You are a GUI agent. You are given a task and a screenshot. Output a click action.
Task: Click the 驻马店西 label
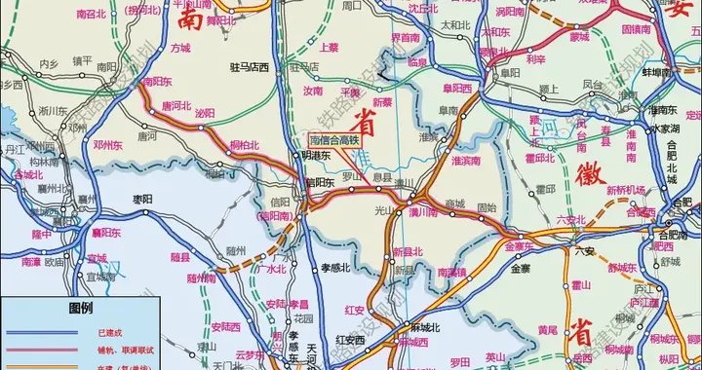(248, 94)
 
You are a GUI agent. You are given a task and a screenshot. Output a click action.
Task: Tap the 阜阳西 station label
(456, 87)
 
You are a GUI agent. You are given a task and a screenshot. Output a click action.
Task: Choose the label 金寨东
(521, 245)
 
